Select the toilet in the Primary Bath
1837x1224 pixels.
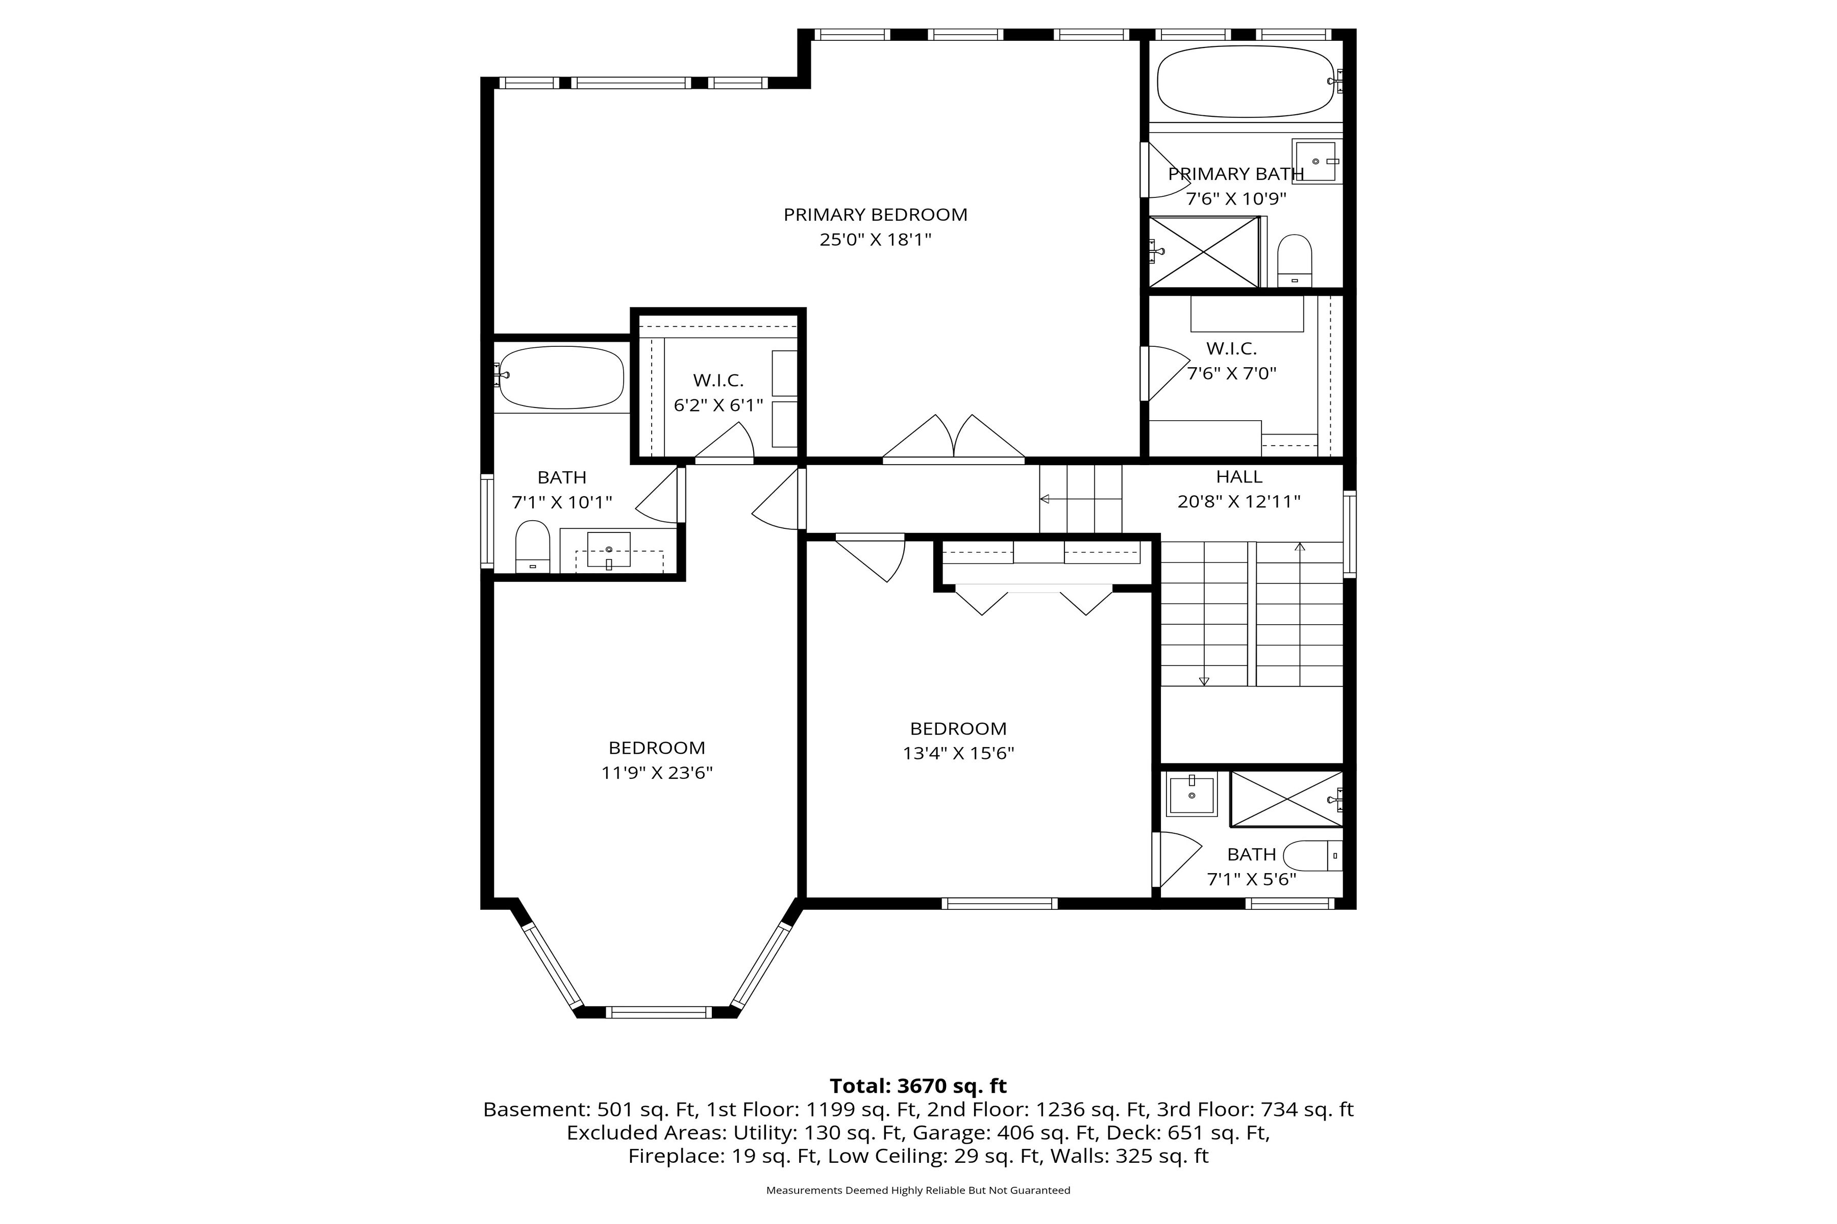[x=1294, y=261]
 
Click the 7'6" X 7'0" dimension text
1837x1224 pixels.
[x=1232, y=374]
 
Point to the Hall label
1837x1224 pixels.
[x=1239, y=477]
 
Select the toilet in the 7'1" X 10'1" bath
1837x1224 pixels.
[x=533, y=546]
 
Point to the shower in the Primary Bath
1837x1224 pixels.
[x=1204, y=252]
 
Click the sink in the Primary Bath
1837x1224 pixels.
[x=1316, y=161]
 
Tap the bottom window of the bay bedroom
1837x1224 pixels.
[x=658, y=1012]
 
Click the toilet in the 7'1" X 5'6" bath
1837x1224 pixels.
[x=1312, y=856]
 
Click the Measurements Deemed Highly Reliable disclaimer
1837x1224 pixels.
[x=917, y=1190]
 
